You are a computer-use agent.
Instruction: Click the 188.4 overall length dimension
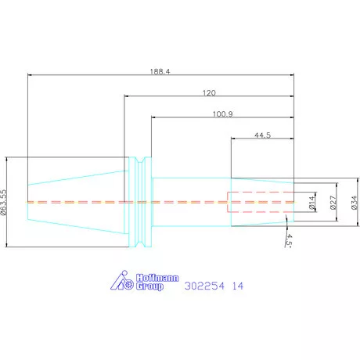pos(160,71)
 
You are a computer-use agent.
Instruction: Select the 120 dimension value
pos(209,93)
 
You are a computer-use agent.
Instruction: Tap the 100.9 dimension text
pos(223,114)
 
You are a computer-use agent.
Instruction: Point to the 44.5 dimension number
pos(263,135)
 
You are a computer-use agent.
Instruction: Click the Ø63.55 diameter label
pos(3,202)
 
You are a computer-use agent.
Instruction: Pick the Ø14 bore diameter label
pos(311,203)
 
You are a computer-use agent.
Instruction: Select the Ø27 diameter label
pos(333,203)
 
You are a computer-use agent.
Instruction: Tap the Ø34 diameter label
pos(354,203)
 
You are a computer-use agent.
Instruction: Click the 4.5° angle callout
pos(289,239)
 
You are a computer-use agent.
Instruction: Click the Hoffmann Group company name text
pos(157,282)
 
